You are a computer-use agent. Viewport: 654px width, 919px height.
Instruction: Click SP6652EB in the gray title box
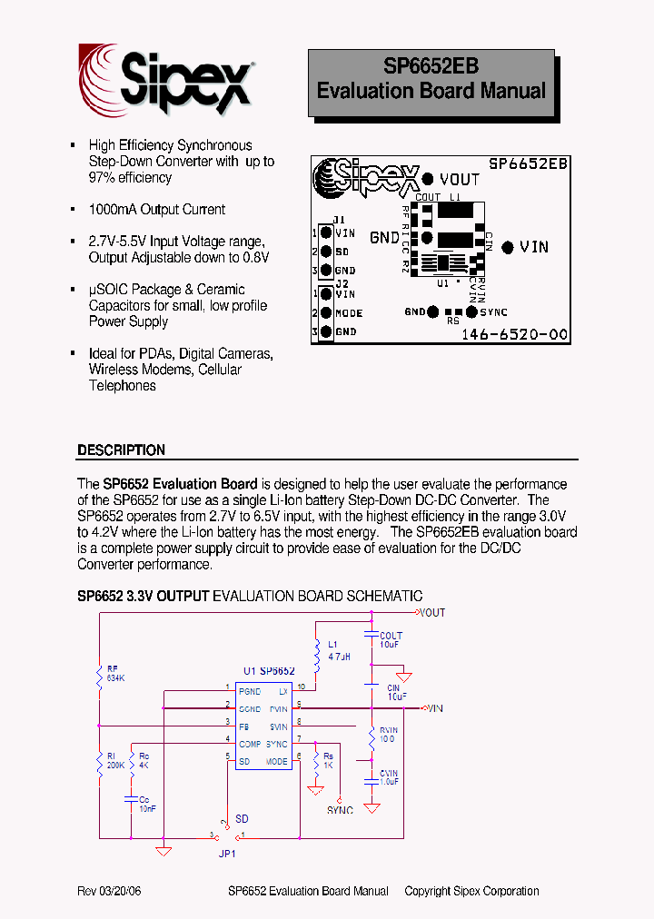[x=431, y=66]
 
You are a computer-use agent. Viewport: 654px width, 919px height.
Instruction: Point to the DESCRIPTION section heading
[x=122, y=450]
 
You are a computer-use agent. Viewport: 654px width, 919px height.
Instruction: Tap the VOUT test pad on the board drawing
[x=428, y=180]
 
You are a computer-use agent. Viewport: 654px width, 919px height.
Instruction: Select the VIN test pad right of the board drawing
[x=508, y=246]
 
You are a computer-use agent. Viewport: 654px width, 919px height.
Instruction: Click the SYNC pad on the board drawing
[x=471, y=311]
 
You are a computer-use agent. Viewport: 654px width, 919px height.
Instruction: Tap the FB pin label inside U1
[x=243, y=726]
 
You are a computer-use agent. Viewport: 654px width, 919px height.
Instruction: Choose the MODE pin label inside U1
[x=276, y=762]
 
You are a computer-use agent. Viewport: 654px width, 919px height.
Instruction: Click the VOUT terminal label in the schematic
[x=432, y=613]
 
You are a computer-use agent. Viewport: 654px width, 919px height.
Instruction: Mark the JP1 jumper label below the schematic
[x=227, y=855]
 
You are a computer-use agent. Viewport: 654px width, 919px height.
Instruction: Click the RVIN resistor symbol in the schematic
[x=372, y=739]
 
